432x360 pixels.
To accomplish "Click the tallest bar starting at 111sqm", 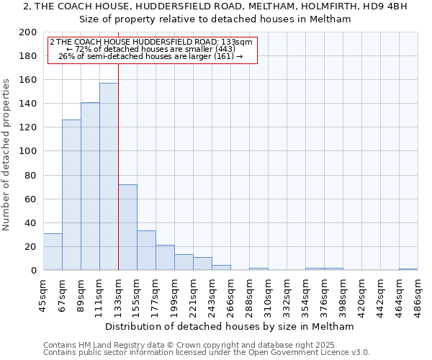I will pyautogui.click(x=109, y=176).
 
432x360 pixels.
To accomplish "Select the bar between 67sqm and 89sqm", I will pyautogui.click(x=71, y=195).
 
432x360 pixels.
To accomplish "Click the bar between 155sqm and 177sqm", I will pyautogui.click(x=146, y=251).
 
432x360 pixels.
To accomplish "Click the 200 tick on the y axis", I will pyautogui.click(x=28, y=32).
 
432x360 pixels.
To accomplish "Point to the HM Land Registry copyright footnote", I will pyautogui.click(x=205, y=345).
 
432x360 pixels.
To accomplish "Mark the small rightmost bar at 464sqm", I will pyautogui.click(x=408, y=269).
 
